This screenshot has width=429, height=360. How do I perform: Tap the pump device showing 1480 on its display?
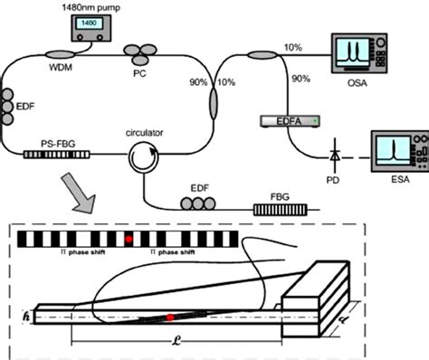pyautogui.click(x=88, y=29)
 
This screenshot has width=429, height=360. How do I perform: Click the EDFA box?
pyautogui.click(x=286, y=119)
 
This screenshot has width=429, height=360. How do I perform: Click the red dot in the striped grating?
pyautogui.click(x=130, y=238)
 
